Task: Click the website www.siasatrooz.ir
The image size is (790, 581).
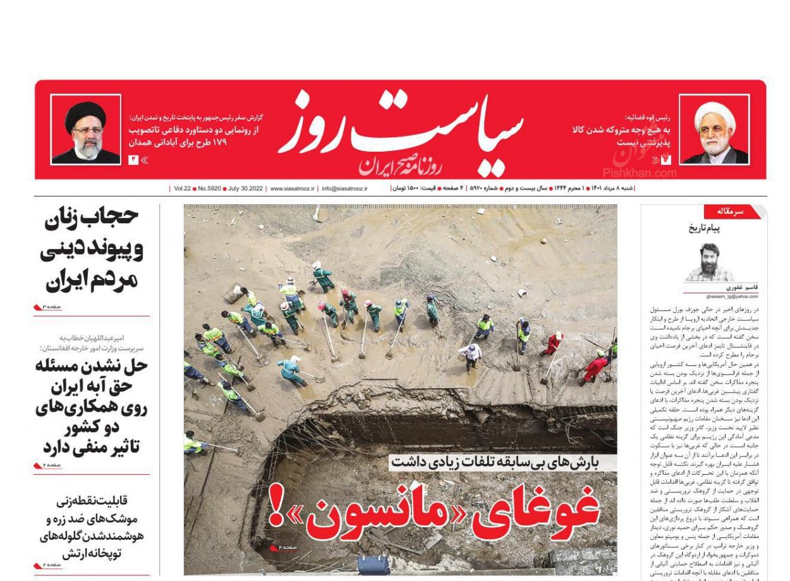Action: (292, 188)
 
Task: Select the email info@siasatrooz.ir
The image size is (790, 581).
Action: (344, 188)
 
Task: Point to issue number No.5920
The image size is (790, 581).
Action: (209, 188)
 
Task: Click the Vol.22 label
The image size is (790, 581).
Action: (183, 188)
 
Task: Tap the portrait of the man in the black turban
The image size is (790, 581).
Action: (85, 130)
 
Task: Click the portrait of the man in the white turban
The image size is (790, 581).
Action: (715, 130)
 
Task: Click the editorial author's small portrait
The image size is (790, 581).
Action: (710, 261)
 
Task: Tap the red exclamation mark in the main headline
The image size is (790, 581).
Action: (276, 506)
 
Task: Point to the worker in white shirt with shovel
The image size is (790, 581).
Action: (470, 355)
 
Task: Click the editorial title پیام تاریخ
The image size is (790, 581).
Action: (704, 228)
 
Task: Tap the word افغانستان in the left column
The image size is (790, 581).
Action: (61, 348)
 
